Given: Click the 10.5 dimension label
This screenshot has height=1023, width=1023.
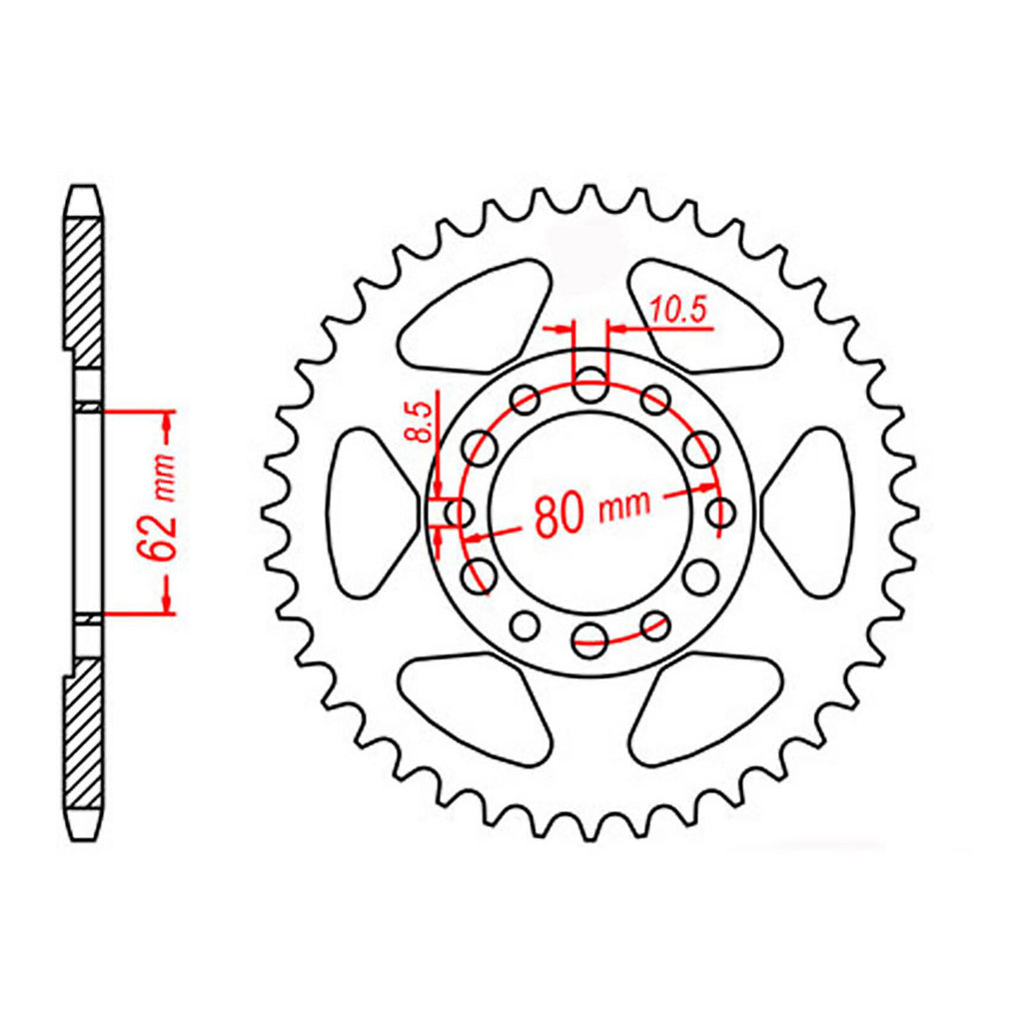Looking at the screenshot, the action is [x=679, y=310].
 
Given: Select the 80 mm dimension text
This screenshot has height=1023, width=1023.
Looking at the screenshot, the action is [x=592, y=511].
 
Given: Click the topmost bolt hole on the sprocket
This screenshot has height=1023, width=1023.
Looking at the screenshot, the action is [x=590, y=384].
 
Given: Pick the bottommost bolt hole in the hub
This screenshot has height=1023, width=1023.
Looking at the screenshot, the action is [x=590, y=638].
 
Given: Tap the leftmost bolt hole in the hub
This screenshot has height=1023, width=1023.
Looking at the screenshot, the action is [x=460, y=511].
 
